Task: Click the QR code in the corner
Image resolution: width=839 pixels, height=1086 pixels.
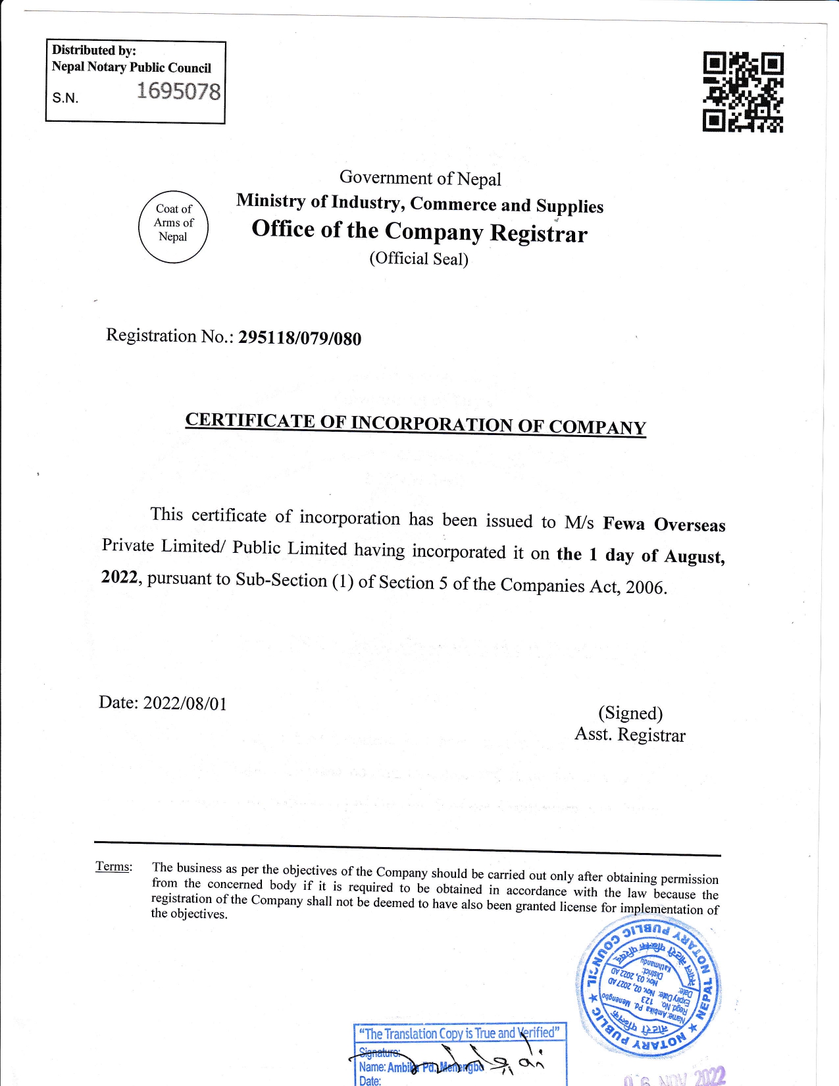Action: (x=743, y=92)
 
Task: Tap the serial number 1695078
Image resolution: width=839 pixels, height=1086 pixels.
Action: (x=178, y=91)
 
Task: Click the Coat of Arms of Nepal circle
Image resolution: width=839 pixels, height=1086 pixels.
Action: (x=174, y=226)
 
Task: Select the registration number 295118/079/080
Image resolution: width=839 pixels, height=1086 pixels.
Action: (x=299, y=338)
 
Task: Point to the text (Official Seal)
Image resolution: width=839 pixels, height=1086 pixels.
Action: (x=419, y=259)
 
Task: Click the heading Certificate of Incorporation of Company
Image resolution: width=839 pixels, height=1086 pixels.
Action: (x=415, y=423)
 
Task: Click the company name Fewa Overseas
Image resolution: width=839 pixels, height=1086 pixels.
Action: (x=664, y=525)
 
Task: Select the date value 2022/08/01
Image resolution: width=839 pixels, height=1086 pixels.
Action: (x=185, y=704)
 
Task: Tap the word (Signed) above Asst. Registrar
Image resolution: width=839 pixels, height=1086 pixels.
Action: (x=630, y=713)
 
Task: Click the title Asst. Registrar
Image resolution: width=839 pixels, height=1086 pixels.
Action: (x=630, y=735)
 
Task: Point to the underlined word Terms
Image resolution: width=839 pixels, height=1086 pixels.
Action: (x=113, y=866)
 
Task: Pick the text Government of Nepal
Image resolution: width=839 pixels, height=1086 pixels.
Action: (x=420, y=178)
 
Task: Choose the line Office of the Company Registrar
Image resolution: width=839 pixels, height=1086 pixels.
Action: (x=419, y=231)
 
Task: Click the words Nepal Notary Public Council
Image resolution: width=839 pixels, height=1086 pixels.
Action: (x=132, y=67)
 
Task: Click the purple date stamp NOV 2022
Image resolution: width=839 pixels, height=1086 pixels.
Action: (x=674, y=1077)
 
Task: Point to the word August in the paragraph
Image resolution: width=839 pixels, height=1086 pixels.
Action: (x=694, y=557)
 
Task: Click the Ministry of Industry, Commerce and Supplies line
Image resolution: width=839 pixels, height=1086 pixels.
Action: (x=420, y=203)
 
